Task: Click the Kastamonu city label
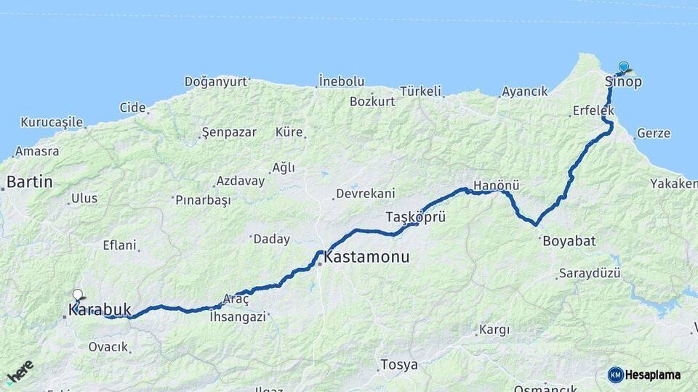[x=366, y=257]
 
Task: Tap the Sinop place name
[x=623, y=82]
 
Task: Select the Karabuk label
[x=100, y=310]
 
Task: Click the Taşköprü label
[x=414, y=217]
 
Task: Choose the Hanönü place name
[x=496, y=186]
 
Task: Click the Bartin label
[x=29, y=181]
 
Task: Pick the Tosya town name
[x=399, y=364]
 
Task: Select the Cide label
[x=132, y=107]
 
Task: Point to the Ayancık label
[x=524, y=92]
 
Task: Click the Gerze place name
[x=653, y=134]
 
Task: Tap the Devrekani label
[x=364, y=194]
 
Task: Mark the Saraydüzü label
[x=589, y=274]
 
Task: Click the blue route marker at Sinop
[x=623, y=67]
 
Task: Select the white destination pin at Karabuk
[x=78, y=295]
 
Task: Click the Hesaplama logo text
[x=653, y=375]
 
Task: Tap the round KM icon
[x=616, y=375]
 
